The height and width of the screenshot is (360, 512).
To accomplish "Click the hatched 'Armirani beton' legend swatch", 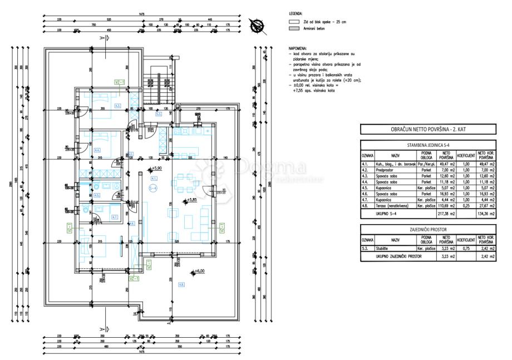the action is click(x=293, y=28).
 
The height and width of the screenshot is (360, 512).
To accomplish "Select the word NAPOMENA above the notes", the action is click(x=297, y=49).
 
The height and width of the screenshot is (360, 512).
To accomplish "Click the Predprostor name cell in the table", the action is click(x=396, y=171).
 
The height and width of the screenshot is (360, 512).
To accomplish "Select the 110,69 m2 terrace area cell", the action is click(x=446, y=206).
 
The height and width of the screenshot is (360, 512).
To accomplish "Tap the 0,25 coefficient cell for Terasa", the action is click(x=465, y=206).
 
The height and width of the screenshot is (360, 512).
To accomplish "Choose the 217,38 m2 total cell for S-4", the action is click(x=446, y=213).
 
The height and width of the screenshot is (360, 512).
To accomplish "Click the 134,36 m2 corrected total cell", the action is click(x=485, y=213).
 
